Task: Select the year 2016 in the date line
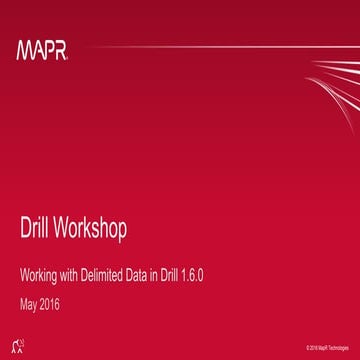point(59,298)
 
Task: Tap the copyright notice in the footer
point(325,346)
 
